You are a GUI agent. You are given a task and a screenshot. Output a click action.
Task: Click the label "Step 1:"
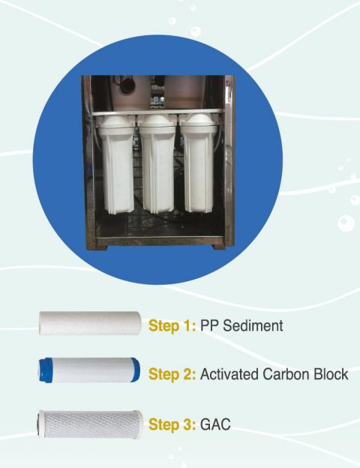[x=172, y=325]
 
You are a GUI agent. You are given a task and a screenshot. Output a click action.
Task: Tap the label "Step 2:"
[x=172, y=374]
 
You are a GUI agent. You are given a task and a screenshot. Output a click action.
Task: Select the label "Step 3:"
[x=172, y=424]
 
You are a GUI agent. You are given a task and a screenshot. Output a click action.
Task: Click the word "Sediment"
[x=253, y=325]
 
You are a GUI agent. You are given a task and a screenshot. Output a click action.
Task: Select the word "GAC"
[x=215, y=424]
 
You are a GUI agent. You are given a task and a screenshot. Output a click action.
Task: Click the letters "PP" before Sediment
[x=209, y=325]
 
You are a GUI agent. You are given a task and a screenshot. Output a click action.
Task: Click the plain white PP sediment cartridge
[x=90, y=323]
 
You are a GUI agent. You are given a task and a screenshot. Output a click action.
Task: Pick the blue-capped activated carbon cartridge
[x=89, y=370]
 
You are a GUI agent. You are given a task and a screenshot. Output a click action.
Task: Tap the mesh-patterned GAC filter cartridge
[x=90, y=424]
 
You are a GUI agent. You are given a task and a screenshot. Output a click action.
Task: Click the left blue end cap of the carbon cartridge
[x=43, y=370]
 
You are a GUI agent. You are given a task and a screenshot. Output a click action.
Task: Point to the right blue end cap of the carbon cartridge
[x=136, y=370]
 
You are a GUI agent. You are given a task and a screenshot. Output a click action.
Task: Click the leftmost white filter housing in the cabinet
[x=116, y=165]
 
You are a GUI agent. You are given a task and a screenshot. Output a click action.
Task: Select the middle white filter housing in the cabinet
[x=157, y=164]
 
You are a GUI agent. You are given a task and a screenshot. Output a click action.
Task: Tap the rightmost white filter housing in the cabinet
[x=199, y=163]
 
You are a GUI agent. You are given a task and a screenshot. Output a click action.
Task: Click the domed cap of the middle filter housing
[x=157, y=121]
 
